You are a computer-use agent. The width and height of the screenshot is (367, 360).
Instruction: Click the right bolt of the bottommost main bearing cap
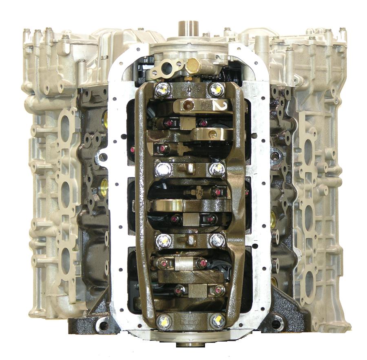tap(217, 320)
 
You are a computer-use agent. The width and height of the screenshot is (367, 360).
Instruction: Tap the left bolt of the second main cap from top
tap(163, 169)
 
